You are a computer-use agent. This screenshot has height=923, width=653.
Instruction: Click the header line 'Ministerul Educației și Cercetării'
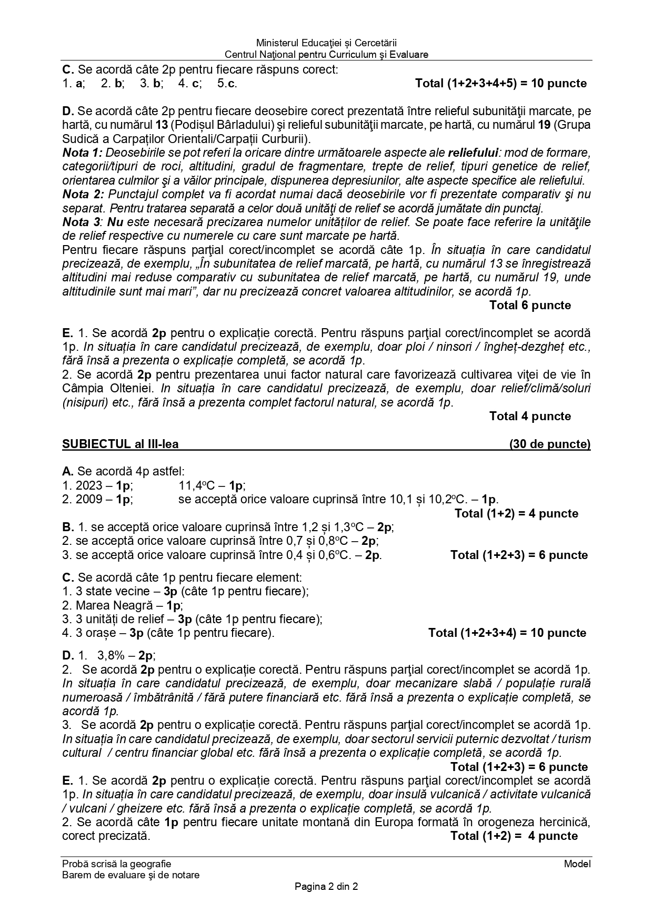(x=326, y=43)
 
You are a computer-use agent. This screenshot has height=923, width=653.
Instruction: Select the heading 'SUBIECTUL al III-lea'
(x=120, y=444)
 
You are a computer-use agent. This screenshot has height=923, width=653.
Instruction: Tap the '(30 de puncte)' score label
(x=550, y=444)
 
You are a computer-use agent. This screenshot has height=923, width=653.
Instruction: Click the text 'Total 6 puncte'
(x=530, y=306)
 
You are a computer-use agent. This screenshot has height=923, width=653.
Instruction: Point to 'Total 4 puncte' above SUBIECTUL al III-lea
(x=530, y=417)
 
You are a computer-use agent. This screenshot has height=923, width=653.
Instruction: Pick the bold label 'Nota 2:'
(x=83, y=195)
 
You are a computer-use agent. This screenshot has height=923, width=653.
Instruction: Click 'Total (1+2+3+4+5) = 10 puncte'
(x=501, y=84)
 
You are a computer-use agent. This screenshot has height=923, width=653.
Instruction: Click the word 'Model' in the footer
(x=577, y=864)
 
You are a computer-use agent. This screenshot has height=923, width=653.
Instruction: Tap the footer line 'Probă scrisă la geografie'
(x=116, y=864)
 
